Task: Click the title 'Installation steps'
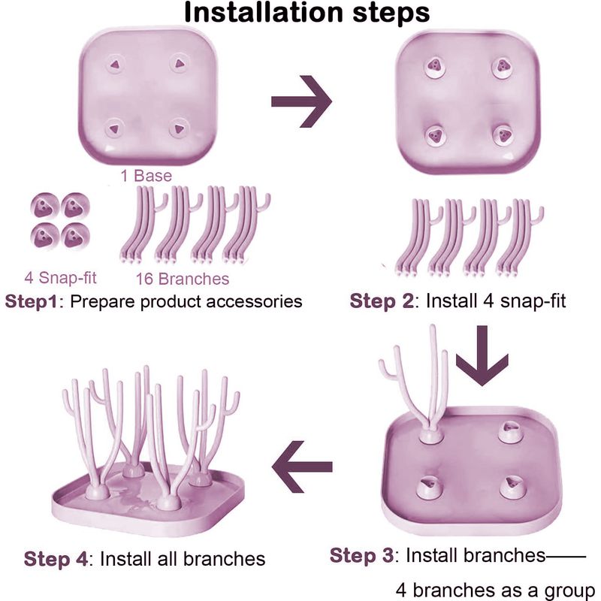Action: click(307, 13)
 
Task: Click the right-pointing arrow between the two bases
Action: click(301, 101)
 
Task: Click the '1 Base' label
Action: click(146, 177)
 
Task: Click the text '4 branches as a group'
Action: click(496, 588)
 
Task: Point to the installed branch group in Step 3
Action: click(421, 391)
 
